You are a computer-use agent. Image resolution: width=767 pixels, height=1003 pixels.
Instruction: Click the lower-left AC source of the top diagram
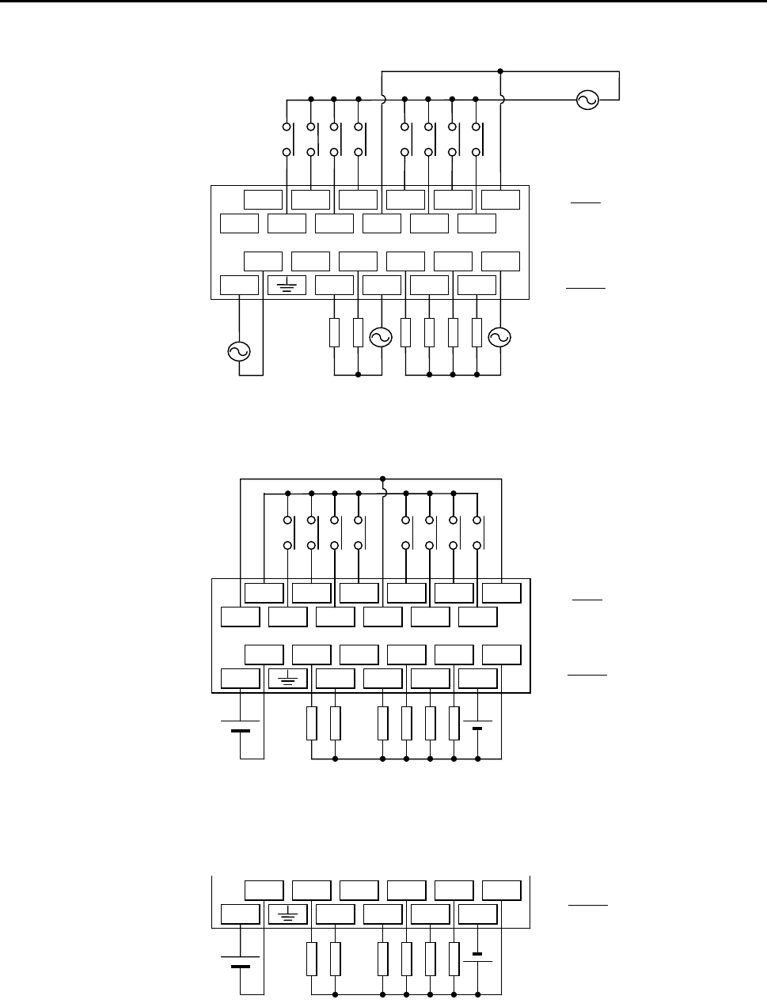pyautogui.click(x=238, y=351)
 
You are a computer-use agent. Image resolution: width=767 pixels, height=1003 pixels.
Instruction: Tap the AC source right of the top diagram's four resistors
pyautogui.click(x=499, y=337)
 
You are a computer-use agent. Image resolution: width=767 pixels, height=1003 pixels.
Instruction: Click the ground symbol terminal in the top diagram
pyautogui.click(x=287, y=285)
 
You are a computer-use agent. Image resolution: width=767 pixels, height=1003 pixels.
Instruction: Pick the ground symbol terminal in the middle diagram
pyautogui.click(x=287, y=679)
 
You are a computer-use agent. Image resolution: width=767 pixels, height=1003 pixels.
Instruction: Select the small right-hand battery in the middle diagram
pyautogui.click(x=478, y=725)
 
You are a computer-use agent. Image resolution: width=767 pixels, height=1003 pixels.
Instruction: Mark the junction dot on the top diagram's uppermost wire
pyautogui.click(x=500, y=71)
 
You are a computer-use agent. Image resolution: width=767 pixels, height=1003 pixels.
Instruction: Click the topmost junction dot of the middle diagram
pyautogui.click(x=382, y=479)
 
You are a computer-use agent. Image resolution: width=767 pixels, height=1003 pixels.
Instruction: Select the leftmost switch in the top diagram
pyautogui.click(x=289, y=138)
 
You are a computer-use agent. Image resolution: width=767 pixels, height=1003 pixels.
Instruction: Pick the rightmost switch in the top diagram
pyautogui.click(x=479, y=138)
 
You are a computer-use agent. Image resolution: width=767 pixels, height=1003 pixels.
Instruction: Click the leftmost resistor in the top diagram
pyautogui.click(x=334, y=333)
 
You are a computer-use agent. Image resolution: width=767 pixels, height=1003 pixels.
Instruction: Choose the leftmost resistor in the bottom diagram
pyautogui.click(x=311, y=959)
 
